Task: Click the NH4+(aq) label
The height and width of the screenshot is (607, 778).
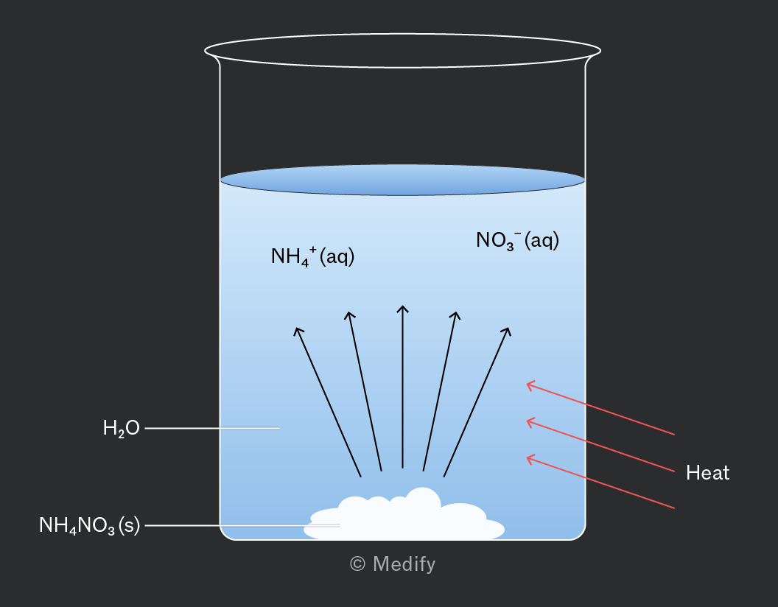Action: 312,256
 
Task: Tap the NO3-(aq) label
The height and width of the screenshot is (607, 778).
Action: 517,241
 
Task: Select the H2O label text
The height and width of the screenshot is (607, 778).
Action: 121,428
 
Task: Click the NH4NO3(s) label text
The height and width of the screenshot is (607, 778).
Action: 89,525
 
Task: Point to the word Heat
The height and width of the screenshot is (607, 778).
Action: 707,473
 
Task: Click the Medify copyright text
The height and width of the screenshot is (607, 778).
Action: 393,564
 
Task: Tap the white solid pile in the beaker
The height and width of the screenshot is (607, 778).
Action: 404,515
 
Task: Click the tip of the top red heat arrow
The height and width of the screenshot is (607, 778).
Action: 527,383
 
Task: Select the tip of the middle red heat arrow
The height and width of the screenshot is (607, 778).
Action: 527,421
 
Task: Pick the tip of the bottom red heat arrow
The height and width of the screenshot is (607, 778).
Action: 527,457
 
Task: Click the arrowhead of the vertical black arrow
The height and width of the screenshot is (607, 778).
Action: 402,306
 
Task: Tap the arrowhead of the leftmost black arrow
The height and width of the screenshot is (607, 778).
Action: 295,329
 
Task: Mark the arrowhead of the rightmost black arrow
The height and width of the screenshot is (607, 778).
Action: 509,329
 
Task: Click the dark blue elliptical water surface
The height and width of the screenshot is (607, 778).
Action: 402,180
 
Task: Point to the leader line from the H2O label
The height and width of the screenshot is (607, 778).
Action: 212,428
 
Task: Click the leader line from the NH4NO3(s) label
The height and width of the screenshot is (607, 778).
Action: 242,525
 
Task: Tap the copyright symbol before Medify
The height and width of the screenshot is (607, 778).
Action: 358,564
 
